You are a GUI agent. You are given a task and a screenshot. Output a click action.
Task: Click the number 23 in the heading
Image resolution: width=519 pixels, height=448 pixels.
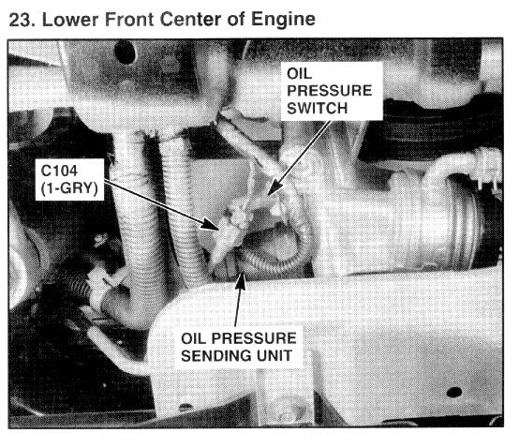[21, 20]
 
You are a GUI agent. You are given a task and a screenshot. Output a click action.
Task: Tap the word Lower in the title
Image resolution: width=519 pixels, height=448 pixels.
[70, 20]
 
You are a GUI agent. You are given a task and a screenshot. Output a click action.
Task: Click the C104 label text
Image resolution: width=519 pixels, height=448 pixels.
[59, 171]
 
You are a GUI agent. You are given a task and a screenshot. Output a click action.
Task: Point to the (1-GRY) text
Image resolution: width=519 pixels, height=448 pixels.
[69, 188]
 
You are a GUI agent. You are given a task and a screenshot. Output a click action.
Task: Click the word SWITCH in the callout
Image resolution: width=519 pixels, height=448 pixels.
[317, 109]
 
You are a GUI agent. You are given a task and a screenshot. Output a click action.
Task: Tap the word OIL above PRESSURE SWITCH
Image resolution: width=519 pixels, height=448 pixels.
[299, 73]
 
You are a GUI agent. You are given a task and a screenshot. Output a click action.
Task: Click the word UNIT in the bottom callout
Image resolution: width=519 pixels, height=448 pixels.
[274, 356]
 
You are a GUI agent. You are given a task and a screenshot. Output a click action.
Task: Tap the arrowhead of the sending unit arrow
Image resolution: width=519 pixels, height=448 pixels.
[242, 278]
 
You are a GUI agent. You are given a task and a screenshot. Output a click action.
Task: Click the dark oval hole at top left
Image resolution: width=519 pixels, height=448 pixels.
[125, 52]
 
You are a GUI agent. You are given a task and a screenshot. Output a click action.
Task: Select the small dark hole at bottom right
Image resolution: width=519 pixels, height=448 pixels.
[454, 393]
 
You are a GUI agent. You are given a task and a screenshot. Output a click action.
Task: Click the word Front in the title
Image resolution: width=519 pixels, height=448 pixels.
[129, 20]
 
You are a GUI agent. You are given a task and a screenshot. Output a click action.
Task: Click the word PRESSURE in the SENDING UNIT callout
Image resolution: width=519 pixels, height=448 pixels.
[254, 338]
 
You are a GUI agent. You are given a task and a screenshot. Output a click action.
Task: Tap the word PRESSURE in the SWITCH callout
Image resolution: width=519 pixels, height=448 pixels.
[330, 91]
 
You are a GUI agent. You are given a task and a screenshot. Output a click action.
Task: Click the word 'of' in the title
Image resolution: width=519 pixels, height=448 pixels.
[236, 20]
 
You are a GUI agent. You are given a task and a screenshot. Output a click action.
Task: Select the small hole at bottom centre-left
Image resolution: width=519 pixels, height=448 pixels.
[185, 406]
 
